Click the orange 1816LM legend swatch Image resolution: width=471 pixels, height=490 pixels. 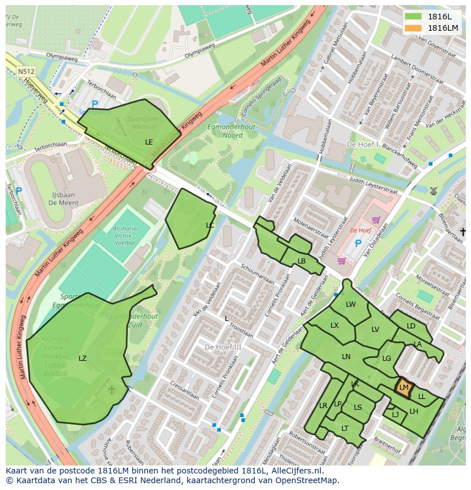coord(414,28)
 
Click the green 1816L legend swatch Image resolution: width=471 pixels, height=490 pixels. coord(414,17)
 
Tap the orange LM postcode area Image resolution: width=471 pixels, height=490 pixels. coord(403,387)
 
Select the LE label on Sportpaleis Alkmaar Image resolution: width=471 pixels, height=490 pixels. coord(149,142)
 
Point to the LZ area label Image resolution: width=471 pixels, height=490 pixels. coord(83,358)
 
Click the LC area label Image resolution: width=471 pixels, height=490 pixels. coord(210,225)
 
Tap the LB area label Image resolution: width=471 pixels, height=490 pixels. coord(301,261)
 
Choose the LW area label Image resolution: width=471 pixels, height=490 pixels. coord(350,304)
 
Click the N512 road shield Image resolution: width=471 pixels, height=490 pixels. coord(26,71)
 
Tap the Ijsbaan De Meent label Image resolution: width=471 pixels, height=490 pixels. coord(63,198)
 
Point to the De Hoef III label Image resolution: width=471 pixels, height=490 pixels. coord(223,347)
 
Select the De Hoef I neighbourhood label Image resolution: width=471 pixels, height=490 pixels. coord(362,145)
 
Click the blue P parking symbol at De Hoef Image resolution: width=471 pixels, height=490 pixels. coord(358,244)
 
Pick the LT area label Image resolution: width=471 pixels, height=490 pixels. coord(345,429)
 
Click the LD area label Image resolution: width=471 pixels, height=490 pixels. coord(411,326)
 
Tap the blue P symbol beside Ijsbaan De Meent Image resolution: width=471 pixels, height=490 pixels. coord(18,191)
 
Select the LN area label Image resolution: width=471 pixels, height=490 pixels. coord(346,356)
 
